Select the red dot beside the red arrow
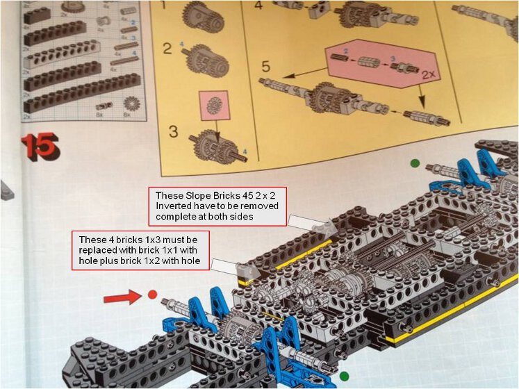pyautogui.click(x=151, y=294)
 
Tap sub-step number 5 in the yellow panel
pyautogui.click(x=265, y=67)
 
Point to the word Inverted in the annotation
pyautogui.click(x=176, y=206)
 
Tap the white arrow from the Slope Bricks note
pyautogui.click(x=312, y=224)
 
